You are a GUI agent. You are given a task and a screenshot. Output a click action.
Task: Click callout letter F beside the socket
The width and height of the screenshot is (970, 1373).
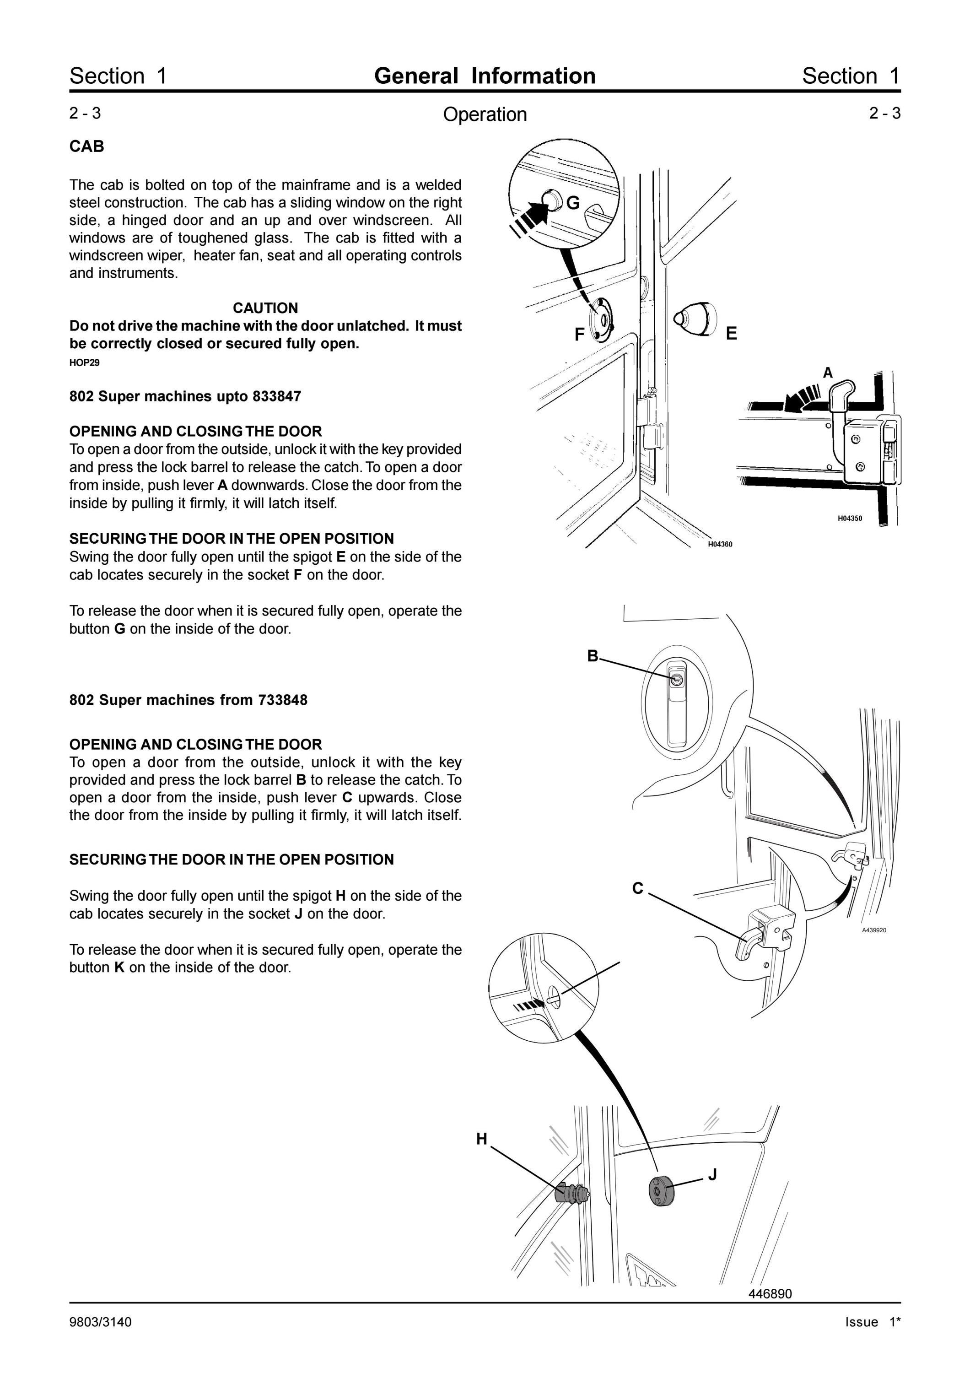[x=579, y=335]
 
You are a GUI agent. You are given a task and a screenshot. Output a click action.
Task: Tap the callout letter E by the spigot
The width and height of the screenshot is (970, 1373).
[x=732, y=334]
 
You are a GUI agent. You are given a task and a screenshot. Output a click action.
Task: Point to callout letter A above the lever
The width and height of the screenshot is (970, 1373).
[x=828, y=373]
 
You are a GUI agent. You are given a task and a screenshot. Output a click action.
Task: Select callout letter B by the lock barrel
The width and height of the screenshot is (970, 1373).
[x=592, y=656]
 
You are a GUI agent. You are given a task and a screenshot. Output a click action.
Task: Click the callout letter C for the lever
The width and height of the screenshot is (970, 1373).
[x=638, y=889]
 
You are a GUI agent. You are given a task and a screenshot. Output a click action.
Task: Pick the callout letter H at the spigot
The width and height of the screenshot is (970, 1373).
[x=482, y=1139]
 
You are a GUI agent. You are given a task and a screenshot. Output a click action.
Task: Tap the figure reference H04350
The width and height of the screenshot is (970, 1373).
[x=849, y=519]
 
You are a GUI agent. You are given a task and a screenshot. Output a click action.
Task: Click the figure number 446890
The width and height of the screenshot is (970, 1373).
[x=770, y=1293]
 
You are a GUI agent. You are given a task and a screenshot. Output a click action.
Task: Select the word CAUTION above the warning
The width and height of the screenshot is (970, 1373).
[x=265, y=308]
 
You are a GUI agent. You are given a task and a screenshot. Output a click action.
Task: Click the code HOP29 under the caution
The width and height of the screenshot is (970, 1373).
[x=84, y=362]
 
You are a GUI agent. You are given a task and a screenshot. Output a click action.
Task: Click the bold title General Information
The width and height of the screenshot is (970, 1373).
[x=485, y=76]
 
